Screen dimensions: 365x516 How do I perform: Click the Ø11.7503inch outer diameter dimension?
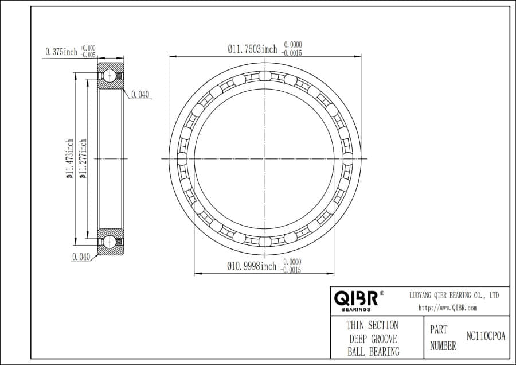[x=252, y=50]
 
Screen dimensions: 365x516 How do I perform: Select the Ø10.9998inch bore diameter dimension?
[x=252, y=266]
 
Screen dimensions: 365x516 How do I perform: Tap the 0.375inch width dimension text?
[x=61, y=52]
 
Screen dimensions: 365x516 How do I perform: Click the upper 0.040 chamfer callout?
[x=140, y=95]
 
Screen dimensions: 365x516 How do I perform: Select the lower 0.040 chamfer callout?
[x=81, y=257]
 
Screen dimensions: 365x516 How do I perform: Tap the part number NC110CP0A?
[x=486, y=337]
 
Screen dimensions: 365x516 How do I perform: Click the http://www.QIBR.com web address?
[x=448, y=308]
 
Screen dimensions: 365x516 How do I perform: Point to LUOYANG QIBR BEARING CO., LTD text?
[x=454, y=295]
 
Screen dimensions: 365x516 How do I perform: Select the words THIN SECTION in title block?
[x=372, y=325]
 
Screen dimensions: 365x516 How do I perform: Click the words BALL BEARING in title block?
[x=372, y=351]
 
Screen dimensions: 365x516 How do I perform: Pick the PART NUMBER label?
[x=443, y=338]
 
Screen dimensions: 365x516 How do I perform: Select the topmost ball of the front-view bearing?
[x=264, y=76]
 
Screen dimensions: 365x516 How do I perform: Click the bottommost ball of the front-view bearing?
[x=264, y=240]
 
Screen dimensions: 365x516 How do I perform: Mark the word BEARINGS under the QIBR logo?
[x=355, y=309]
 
